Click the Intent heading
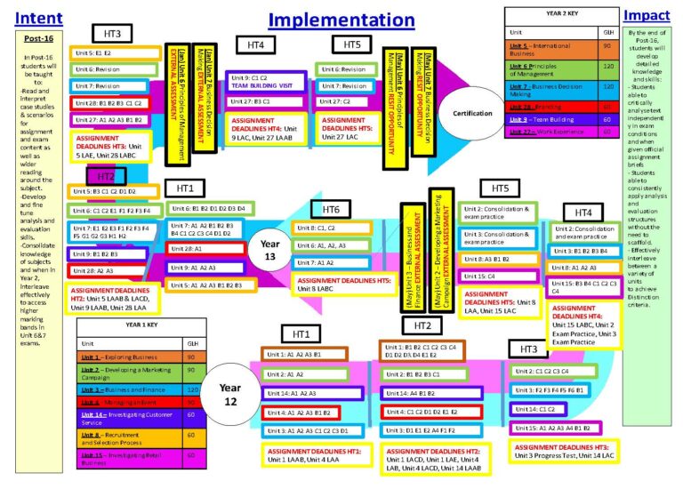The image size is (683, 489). coord(39,18)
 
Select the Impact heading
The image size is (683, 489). coord(647,16)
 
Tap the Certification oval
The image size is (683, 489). coord(471,112)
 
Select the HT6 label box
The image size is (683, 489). coord(331,209)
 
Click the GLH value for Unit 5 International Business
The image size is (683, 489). coord(607,47)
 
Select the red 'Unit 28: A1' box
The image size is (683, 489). coord(206,250)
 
